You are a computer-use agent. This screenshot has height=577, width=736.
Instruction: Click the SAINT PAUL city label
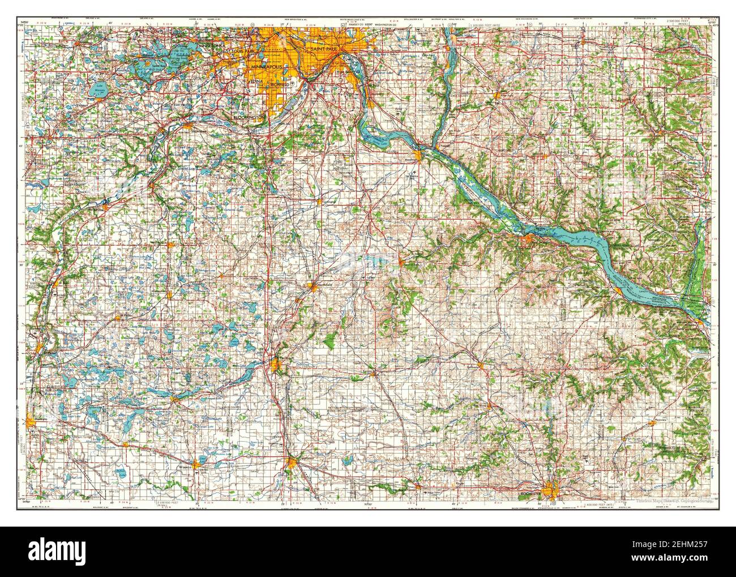321,50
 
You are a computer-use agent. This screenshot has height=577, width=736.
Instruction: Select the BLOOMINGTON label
250,117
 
